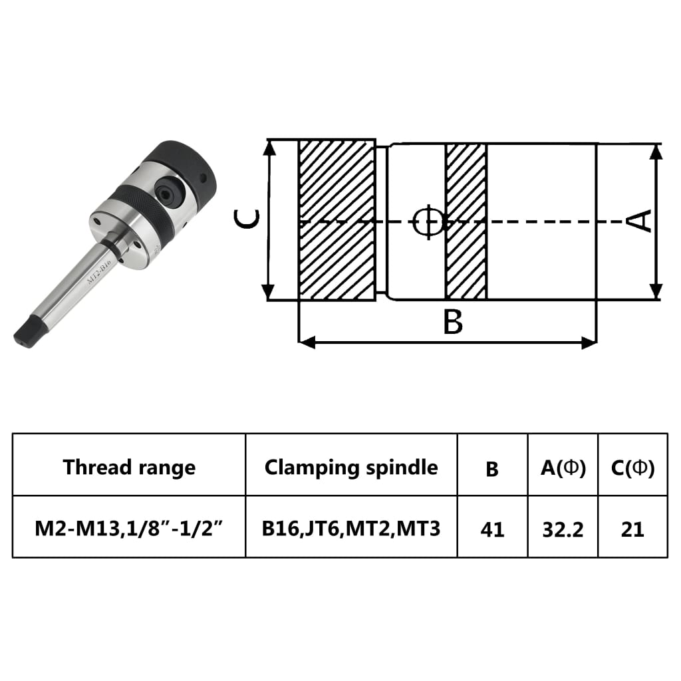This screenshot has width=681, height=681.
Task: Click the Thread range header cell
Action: coord(129,467)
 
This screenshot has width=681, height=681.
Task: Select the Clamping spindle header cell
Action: coord(351,467)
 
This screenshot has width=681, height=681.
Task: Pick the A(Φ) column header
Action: coord(563,468)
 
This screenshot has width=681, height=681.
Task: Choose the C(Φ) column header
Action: coord(632,468)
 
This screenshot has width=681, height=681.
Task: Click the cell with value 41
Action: coord(492,529)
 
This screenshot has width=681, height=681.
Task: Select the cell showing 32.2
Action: coord(563,529)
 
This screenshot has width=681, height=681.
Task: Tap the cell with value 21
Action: coord(632,529)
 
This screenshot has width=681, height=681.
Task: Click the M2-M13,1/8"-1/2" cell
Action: coord(129,529)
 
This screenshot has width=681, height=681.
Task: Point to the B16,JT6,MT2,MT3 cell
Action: coord(351,529)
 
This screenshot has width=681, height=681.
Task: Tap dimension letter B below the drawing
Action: coord(452,323)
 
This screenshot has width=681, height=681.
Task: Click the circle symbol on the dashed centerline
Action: coord(427,221)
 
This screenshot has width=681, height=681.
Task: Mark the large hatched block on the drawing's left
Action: coord(336,219)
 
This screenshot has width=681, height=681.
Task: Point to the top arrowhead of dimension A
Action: coord(656,151)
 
